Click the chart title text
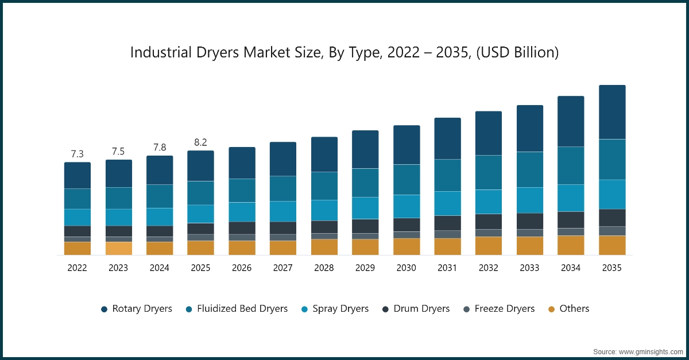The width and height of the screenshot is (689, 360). tap(344, 53)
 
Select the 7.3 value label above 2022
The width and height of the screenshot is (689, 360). tap(78, 154)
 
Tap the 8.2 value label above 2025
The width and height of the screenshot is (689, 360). tap(200, 142)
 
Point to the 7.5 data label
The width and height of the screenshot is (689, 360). tap(118, 152)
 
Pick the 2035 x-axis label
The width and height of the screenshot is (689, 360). tap(612, 268)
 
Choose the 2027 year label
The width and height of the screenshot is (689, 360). tap(283, 268)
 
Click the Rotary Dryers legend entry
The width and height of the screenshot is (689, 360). tap(136, 309)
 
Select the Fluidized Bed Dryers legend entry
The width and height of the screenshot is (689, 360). tap(236, 309)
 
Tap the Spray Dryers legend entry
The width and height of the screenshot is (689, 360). tap(335, 309)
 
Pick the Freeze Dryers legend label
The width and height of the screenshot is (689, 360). tap(498, 309)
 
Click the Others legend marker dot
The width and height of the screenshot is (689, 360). tap(551, 309)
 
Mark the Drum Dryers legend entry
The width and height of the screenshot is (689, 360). tap(416, 309)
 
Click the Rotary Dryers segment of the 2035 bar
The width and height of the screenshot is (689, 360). tap(612, 112)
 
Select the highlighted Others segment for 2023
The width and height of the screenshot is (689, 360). tap(118, 248)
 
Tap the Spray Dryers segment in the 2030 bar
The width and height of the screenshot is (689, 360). tap(407, 206)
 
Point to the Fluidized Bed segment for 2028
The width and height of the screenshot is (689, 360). tap(324, 185)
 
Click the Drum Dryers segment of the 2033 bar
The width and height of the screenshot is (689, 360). tap(530, 221)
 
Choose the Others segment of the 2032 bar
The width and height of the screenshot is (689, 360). tap(489, 246)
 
